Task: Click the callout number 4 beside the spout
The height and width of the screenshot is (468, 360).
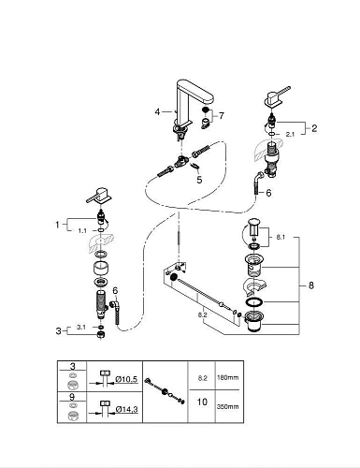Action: point(158,111)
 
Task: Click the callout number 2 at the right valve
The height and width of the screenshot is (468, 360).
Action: point(314,128)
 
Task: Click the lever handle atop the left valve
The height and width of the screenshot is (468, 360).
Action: point(97,195)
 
